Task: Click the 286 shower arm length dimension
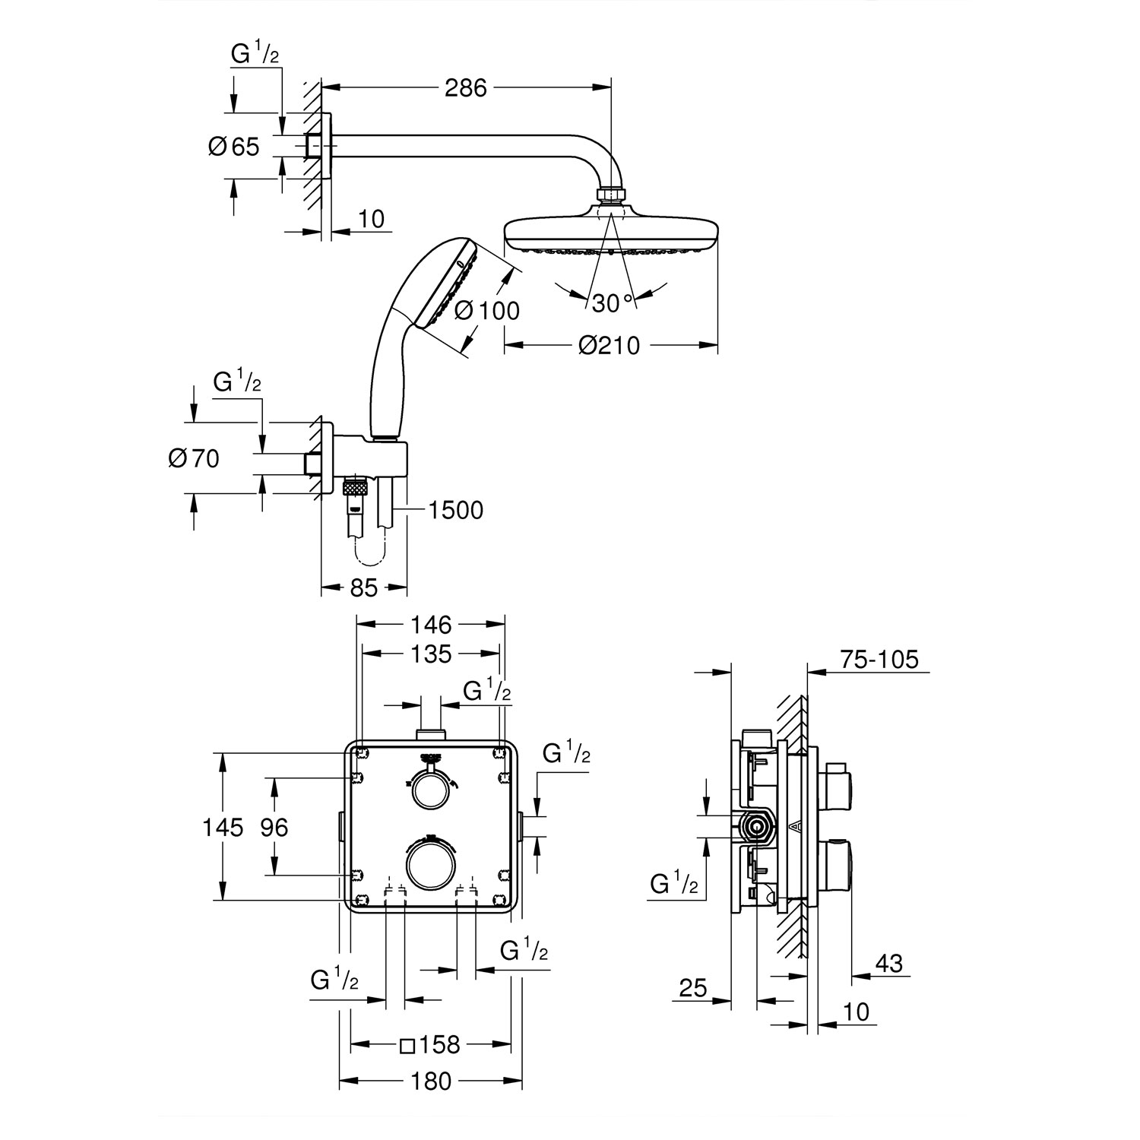tap(465, 88)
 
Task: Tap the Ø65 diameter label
tap(234, 146)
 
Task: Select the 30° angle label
tap(612, 302)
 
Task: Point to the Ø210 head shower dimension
tap(609, 346)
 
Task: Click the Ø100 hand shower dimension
tap(486, 309)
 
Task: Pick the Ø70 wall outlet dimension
tap(194, 458)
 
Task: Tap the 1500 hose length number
tap(455, 510)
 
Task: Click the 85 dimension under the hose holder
tap(363, 587)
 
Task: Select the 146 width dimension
tap(432, 625)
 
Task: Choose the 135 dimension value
tap(432, 654)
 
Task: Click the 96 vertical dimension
tap(274, 827)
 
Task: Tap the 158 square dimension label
tap(431, 1045)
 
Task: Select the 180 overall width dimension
tap(432, 1081)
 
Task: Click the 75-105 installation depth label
tap(879, 659)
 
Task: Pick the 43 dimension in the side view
tap(888, 964)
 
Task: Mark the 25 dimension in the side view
tap(692, 988)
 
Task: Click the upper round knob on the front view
tap(430, 791)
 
